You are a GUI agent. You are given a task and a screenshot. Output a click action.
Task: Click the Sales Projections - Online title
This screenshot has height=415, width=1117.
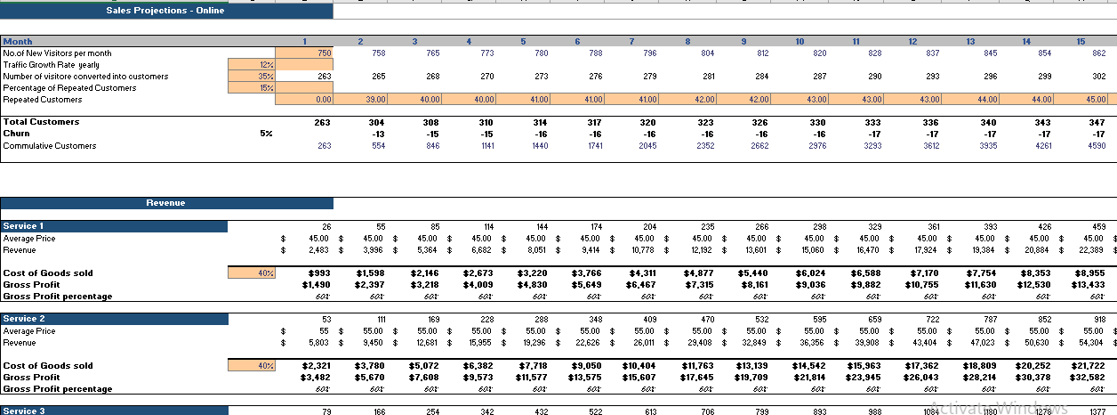[x=165, y=11]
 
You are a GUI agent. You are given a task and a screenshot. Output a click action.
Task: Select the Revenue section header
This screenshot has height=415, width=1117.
[x=165, y=203]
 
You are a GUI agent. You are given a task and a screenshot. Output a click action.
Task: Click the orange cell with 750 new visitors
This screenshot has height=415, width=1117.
[x=303, y=53]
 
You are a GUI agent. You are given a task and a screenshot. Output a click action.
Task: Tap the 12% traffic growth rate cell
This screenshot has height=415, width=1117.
[x=252, y=65]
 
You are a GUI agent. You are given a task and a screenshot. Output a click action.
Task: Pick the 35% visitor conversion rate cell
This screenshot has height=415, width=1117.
[x=252, y=77]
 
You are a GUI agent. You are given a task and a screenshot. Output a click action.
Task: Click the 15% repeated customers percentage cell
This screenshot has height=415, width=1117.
[x=252, y=88]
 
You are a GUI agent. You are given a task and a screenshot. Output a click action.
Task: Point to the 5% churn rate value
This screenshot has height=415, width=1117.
[x=265, y=134]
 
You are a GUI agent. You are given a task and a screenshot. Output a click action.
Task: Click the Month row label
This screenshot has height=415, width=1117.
[x=19, y=42]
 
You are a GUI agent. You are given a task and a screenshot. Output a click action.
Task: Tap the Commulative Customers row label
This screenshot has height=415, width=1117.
[x=50, y=145]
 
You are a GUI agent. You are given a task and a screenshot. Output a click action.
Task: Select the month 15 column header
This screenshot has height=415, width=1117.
[x=1080, y=42]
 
